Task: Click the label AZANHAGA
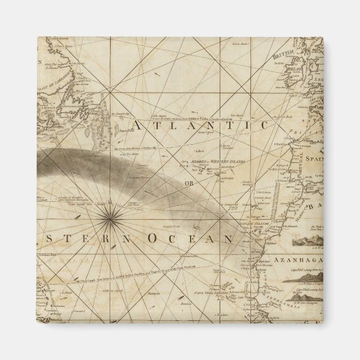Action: (x=300, y=260)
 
